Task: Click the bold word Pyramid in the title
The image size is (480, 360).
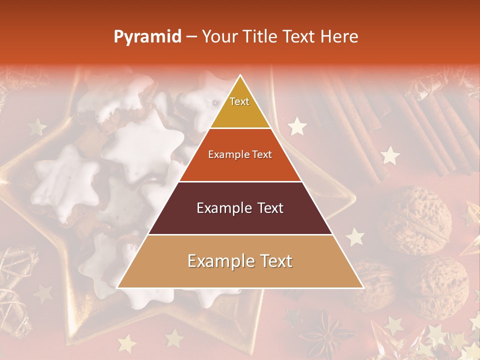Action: [x=147, y=37]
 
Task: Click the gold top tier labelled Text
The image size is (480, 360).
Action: [x=240, y=107]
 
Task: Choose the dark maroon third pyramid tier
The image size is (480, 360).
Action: [x=240, y=208]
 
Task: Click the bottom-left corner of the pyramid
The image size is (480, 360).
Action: [x=118, y=287]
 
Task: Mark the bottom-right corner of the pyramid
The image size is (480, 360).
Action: [x=362, y=287]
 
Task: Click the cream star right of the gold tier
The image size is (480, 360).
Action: [x=297, y=126]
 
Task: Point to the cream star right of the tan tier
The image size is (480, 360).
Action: [x=355, y=236]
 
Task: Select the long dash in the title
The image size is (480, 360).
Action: [x=191, y=37]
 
